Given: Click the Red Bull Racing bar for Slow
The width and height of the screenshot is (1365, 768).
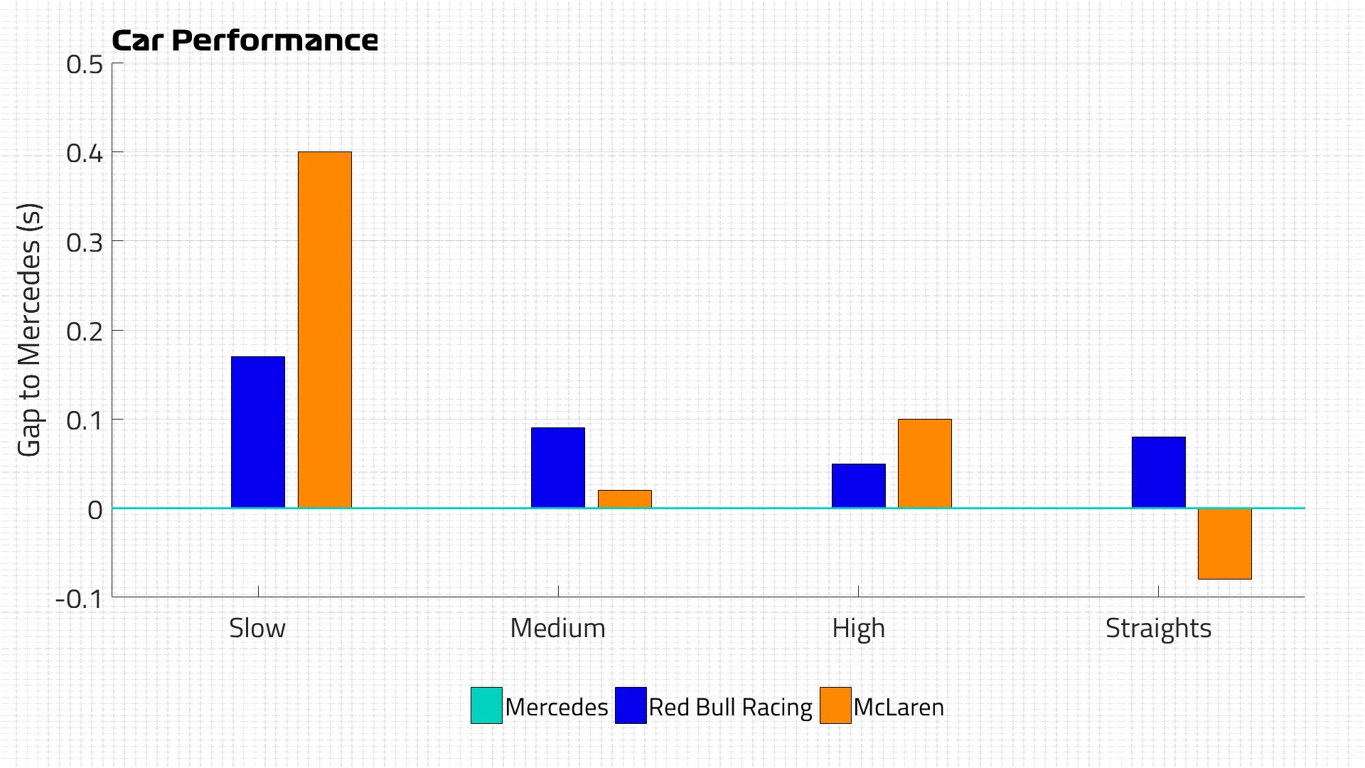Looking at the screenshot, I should pos(258,432).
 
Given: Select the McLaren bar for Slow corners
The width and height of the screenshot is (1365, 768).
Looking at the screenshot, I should pos(324,329).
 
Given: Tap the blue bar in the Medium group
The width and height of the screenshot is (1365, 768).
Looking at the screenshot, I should pos(558,467).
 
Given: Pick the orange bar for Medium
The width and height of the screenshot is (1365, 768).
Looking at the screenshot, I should pos(624,498).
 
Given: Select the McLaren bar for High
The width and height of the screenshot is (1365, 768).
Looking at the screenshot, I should pos(924,463).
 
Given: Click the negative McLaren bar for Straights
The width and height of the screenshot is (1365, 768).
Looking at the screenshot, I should pos(1224,544).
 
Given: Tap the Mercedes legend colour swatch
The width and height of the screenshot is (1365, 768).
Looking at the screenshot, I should pos(486,705).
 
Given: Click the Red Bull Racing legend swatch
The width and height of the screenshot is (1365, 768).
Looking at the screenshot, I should pos(631,705).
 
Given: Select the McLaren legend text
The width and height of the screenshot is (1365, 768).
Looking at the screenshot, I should pos(899,707).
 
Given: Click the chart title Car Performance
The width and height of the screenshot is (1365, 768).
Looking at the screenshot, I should pos(245,41).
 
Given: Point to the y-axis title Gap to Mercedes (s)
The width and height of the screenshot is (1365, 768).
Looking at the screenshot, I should pos(30,330).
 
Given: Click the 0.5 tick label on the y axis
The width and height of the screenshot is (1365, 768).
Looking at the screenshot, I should pos(85,65).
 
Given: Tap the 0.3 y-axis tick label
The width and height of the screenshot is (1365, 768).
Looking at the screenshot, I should pos(85,242).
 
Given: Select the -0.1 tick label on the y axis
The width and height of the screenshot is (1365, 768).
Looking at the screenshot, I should pos(79,599).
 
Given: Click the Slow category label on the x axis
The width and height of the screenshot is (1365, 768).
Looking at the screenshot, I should pos(257,628).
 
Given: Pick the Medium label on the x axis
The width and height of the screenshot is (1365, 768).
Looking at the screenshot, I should pos(558,628).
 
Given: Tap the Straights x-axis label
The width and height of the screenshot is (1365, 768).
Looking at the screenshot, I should pos(1158,629).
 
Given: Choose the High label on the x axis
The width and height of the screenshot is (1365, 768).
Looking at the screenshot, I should pos(858,629).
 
